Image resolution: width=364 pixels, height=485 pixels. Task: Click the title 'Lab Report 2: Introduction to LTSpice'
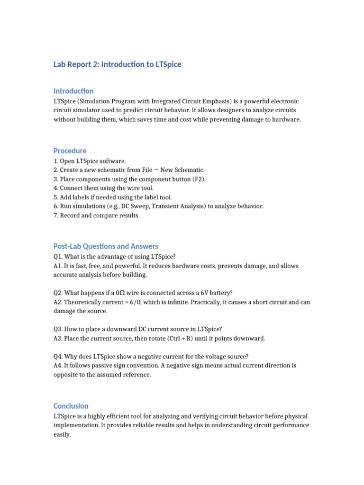pyautogui.click(x=117, y=64)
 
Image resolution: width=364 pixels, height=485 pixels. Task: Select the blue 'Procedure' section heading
pyautogui.click(x=70, y=151)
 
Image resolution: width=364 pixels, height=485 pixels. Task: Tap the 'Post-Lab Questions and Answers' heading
pyautogui.click(x=106, y=246)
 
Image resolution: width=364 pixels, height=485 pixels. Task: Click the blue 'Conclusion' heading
pyautogui.click(x=71, y=406)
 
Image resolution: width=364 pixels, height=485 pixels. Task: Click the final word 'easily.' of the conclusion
pyautogui.click(x=62, y=434)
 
